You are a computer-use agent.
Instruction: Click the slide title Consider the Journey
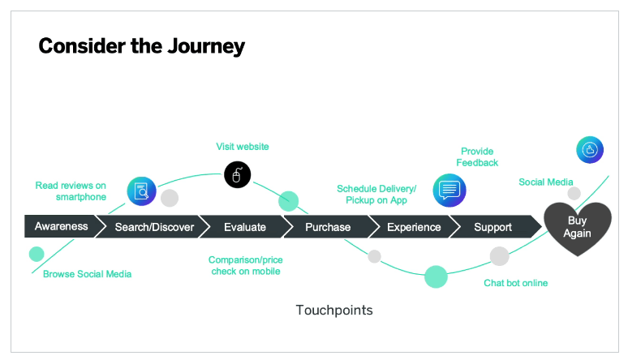[141, 46]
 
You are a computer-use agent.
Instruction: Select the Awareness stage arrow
[61, 226]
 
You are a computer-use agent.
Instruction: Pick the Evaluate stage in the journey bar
[244, 227]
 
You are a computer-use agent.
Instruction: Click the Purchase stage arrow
[328, 227]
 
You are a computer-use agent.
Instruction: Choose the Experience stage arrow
[414, 227]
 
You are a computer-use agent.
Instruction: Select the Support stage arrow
[493, 227]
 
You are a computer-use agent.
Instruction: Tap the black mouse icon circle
[237, 174]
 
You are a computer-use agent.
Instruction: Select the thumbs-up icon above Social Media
[590, 150]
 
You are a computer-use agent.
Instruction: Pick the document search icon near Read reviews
[142, 191]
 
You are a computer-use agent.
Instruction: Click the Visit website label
[242, 147]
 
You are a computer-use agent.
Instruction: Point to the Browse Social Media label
[87, 274]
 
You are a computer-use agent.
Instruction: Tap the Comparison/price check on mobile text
[245, 265]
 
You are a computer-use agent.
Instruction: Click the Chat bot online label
[515, 283]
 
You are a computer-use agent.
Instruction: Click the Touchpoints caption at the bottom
[334, 311]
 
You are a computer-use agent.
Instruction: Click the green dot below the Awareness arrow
[37, 254]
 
